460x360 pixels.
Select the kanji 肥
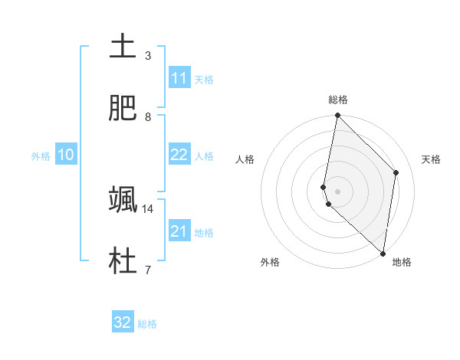[x=123, y=108]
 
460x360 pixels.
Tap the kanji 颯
[x=123, y=199]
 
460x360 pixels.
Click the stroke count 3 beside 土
[x=147, y=55]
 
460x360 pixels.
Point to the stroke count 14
[x=148, y=208]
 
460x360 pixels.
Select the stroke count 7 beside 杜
[x=147, y=270]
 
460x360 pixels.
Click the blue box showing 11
[x=179, y=78]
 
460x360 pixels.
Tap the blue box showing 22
[x=179, y=155]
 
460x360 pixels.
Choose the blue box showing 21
[x=179, y=231]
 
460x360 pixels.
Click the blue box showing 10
[x=66, y=155]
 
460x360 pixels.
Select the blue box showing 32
[x=123, y=322]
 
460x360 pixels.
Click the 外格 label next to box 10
[x=41, y=155]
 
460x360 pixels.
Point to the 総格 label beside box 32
[x=147, y=323]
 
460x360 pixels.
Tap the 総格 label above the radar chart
[x=338, y=100]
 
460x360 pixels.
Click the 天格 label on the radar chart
[x=432, y=159]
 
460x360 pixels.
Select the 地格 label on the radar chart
[x=402, y=262]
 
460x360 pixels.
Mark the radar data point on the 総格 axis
[x=337, y=116]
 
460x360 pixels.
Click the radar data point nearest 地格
[x=383, y=254]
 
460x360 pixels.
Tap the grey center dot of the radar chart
[x=337, y=191]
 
